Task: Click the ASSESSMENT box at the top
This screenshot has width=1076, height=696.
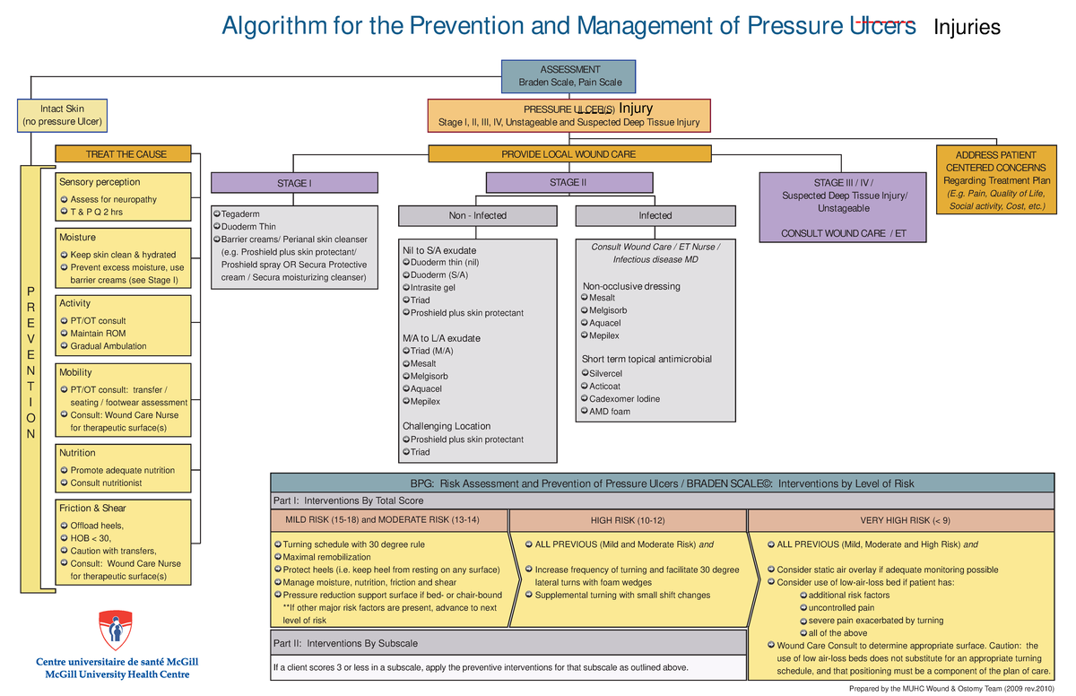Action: click(x=569, y=76)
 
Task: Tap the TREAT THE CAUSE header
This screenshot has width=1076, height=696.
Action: click(x=124, y=154)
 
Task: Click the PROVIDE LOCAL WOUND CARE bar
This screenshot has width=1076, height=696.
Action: click(x=568, y=154)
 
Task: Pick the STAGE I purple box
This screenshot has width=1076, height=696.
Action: click(x=294, y=184)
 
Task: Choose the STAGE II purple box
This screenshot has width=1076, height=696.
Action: click(x=568, y=183)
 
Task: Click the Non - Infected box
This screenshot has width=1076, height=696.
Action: click(x=478, y=216)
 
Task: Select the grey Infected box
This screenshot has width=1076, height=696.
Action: click(x=655, y=216)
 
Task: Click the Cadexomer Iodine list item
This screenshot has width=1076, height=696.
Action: click(x=624, y=399)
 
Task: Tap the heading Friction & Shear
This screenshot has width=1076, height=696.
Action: click(x=92, y=509)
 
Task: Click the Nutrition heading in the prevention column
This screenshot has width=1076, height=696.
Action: click(x=77, y=453)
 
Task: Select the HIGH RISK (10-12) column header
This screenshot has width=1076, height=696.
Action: click(x=628, y=520)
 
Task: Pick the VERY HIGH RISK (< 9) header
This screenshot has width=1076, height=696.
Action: click(x=905, y=520)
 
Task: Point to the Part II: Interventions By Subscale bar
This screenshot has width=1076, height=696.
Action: click(x=508, y=643)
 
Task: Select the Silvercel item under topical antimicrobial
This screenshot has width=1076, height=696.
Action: click(x=605, y=373)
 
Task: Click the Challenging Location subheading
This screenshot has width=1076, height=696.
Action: click(x=447, y=426)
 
